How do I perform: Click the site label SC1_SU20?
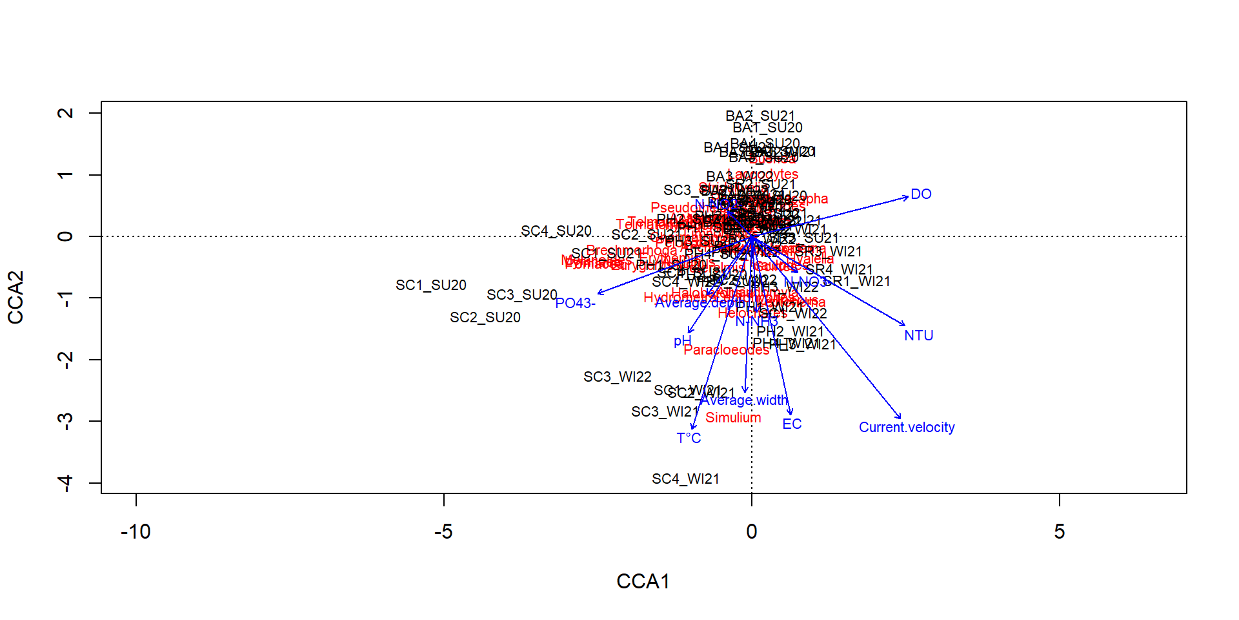(x=430, y=285)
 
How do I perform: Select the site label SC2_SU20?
(x=485, y=318)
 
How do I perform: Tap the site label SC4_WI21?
(x=685, y=479)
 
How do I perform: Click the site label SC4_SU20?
(x=556, y=231)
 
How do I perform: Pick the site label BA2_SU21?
(x=760, y=116)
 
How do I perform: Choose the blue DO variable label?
(x=921, y=194)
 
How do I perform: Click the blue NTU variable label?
(x=918, y=336)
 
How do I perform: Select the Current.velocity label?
(x=906, y=428)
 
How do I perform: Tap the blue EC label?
(x=792, y=424)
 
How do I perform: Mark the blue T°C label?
(x=689, y=439)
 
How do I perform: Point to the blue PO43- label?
(x=575, y=304)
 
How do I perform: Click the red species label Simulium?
(x=733, y=418)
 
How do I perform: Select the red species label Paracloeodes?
(x=726, y=350)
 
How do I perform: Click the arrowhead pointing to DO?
(x=907, y=198)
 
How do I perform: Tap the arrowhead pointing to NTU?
(x=905, y=325)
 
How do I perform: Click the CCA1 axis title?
(x=643, y=581)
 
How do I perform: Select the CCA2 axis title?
(x=15, y=297)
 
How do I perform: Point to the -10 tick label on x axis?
(x=136, y=532)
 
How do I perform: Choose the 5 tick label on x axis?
(x=1059, y=532)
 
